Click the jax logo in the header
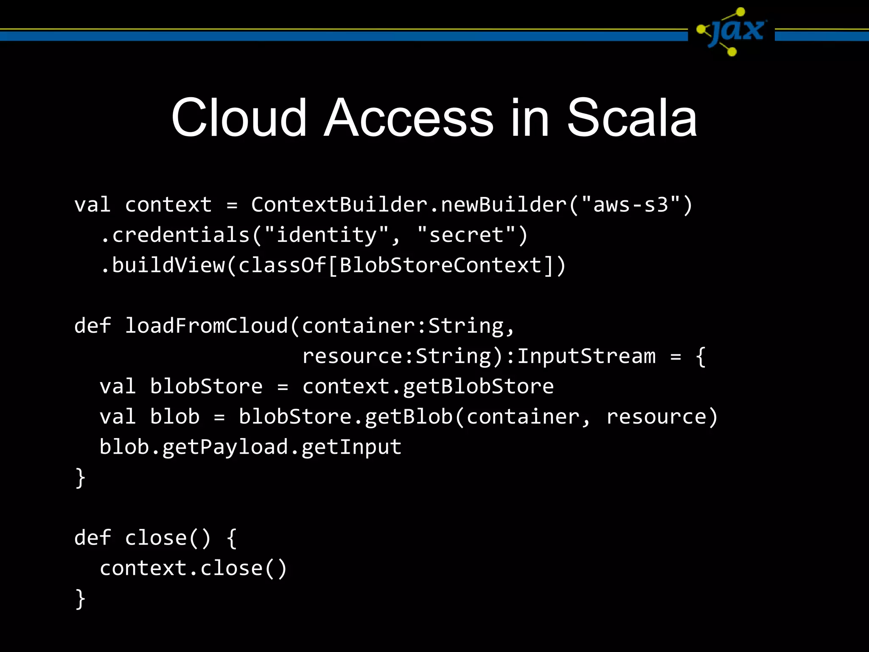click(732, 32)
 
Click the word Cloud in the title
click(238, 118)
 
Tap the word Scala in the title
click(632, 118)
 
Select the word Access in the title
click(408, 118)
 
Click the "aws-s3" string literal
click(631, 205)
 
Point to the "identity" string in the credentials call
click(326, 235)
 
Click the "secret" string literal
click(466, 235)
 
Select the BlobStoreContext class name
click(440, 266)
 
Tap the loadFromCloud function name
click(206, 326)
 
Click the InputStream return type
click(586, 356)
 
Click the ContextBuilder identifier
click(339, 205)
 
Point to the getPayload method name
click(225, 447)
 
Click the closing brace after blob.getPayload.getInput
click(80, 478)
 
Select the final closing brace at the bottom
click(80, 599)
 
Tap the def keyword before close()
click(93, 538)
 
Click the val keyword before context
click(93, 205)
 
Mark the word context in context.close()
click(143, 569)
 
